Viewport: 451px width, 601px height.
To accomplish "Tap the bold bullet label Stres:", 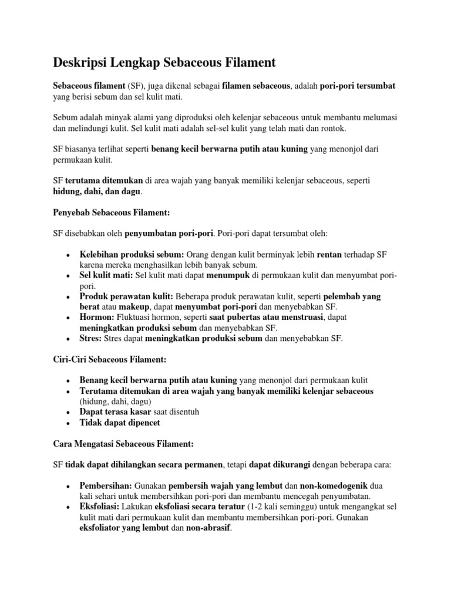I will (x=91, y=338).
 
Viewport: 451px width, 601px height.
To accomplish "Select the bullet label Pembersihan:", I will (x=106, y=486).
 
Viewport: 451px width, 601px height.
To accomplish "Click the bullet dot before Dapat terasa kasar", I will (x=69, y=412).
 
